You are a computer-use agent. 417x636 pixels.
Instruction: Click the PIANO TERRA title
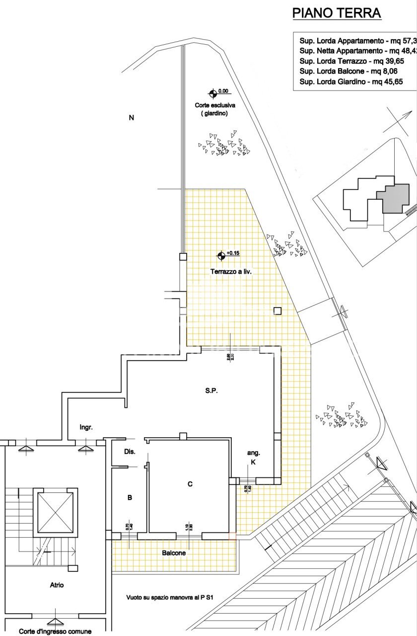[x=337, y=13]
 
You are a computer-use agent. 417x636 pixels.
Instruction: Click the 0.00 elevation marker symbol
[x=212, y=92]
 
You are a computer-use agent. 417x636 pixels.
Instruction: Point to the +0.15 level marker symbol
[x=221, y=256]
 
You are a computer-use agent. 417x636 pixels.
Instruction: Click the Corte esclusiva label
[x=215, y=105]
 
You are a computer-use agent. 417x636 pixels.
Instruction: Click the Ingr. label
[x=86, y=427]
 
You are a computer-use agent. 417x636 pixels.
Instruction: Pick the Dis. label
[x=129, y=452]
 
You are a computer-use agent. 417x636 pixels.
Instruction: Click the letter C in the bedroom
[x=190, y=484]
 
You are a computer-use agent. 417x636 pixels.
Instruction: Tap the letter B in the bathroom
[x=130, y=497]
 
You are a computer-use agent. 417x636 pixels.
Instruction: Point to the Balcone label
[x=174, y=553]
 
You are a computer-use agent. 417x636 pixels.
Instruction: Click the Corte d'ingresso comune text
[x=55, y=632]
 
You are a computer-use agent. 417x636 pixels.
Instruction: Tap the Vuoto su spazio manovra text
[x=173, y=598]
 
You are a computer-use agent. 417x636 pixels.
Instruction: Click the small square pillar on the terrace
[x=278, y=311]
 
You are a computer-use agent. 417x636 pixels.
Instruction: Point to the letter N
[x=132, y=118]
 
